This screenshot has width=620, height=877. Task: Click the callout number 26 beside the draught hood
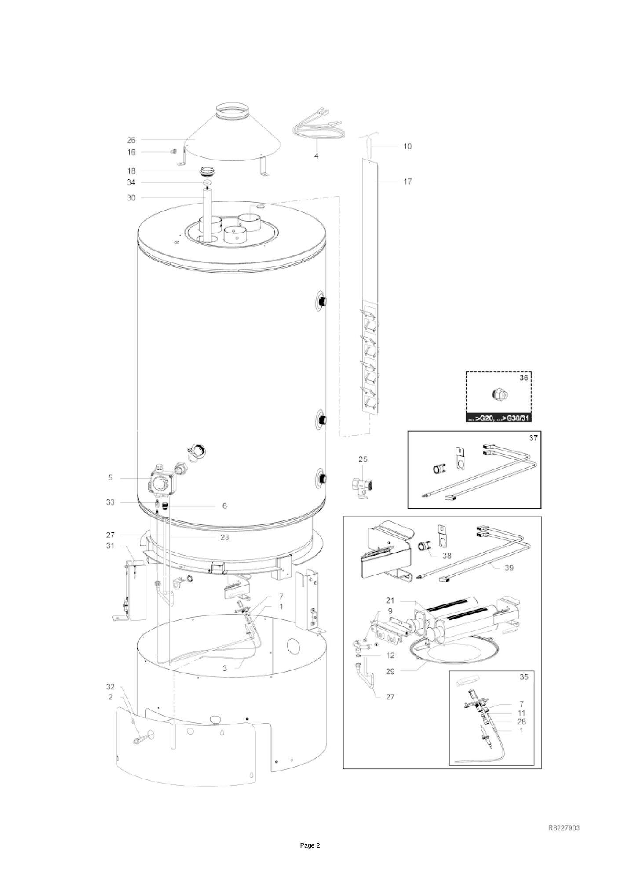(131, 140)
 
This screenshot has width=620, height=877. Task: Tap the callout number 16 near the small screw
(131, 152)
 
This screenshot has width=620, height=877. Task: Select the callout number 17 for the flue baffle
(408, 182)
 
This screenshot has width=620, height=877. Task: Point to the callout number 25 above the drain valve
(363, 459)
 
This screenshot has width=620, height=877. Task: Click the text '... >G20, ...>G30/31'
(499, 418)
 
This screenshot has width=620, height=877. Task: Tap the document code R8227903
(564, 828)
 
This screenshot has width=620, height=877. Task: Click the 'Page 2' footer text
(310, 845)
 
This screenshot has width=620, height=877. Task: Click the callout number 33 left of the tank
(110, 502)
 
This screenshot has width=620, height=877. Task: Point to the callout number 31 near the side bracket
(110, 546)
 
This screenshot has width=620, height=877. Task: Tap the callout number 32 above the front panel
(110, 687)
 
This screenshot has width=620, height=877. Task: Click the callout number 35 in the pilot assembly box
(524, 677)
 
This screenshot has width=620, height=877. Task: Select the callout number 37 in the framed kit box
(533, 438)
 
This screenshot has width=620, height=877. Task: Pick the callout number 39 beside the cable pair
(509, 568)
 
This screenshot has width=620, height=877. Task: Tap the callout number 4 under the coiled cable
(316, 156)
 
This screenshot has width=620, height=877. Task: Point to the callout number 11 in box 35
(522, 713)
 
